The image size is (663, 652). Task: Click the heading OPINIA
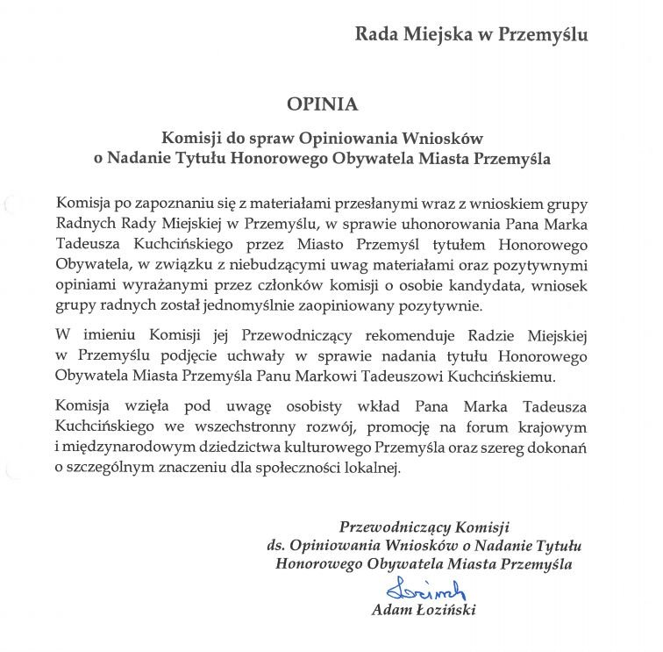pyautogui.click(x=322, y=104)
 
